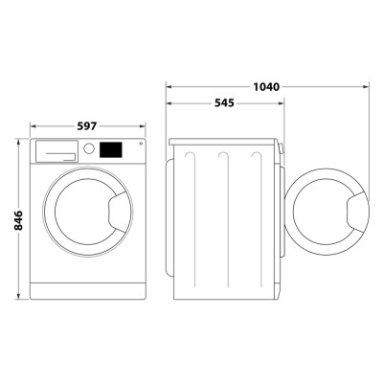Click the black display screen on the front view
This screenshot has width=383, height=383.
(x=111, y=150)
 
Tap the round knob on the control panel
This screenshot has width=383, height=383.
(x=88, y=149)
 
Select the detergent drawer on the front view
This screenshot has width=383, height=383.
(x=56, y=151)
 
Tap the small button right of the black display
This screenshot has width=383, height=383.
(x=139, y=146)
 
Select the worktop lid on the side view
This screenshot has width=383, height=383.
(x=226, y=140)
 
